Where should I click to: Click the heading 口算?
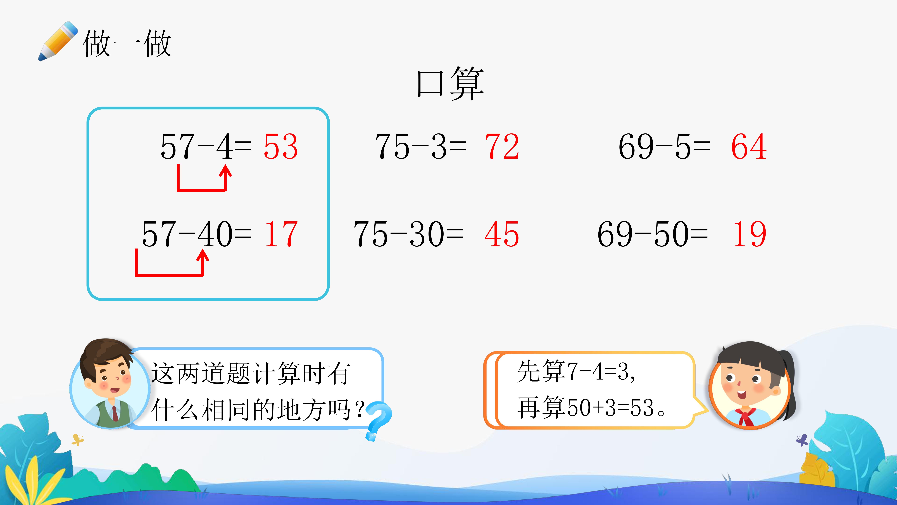pyautogui.click(x=450, y=84)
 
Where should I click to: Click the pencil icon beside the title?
pyautogui.click(x=57, y=41)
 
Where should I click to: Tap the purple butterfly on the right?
pyautogui.click(x=802, y=440)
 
